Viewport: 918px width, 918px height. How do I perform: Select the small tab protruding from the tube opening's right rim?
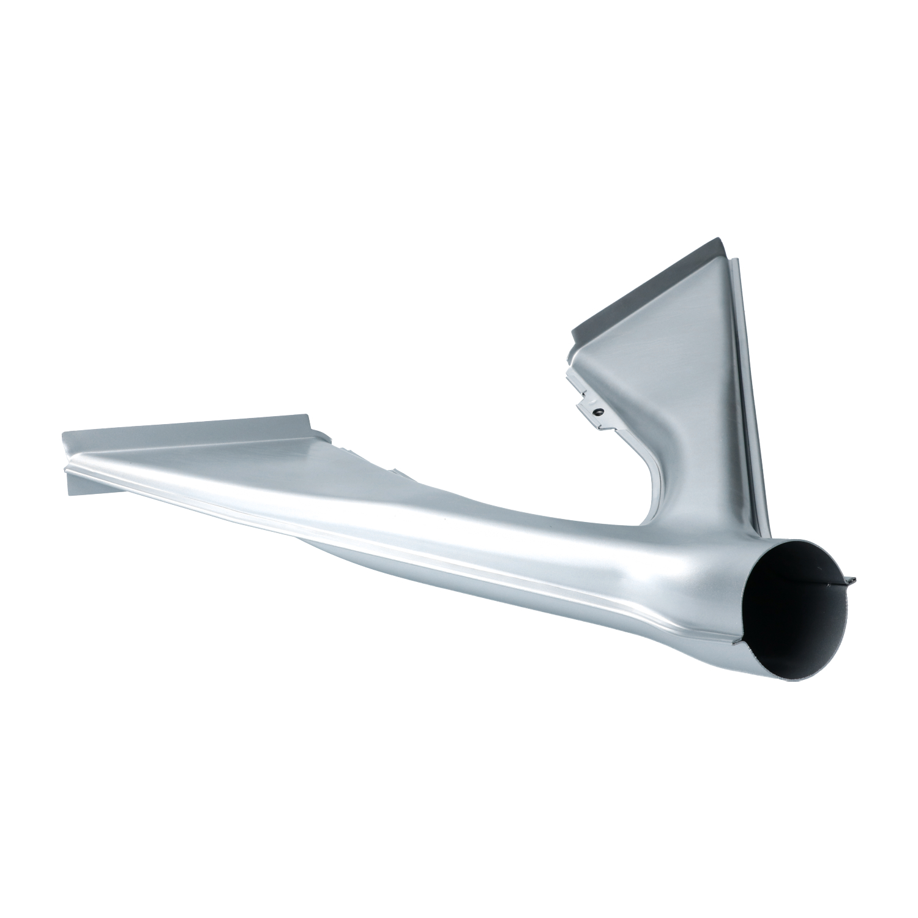849,579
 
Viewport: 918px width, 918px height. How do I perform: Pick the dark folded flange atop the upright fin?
649,285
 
